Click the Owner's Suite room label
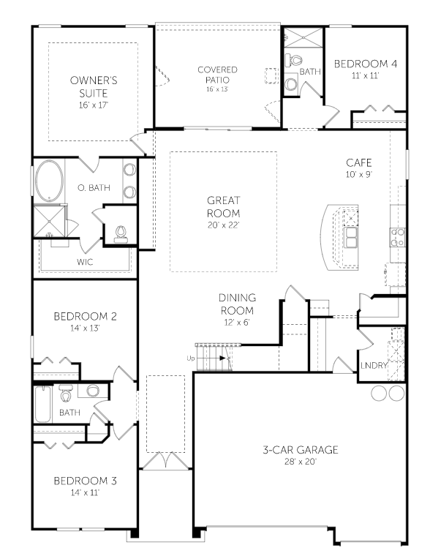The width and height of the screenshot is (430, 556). coord(94,87)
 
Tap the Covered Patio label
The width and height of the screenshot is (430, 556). coord(217,75)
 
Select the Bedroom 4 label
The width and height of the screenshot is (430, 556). coord(366,64)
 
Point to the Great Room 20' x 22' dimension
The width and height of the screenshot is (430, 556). coord(224,225)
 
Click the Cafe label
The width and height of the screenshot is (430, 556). coord(359,162)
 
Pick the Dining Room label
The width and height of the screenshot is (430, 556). coord(237,304)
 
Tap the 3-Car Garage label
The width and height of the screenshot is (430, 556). coord(301,450)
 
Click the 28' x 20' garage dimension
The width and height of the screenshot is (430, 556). coord(301,462)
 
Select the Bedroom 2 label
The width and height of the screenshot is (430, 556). coord(85,316)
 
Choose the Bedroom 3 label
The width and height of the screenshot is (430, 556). coord(85,481)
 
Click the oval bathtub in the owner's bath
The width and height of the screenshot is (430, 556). coord(50,181)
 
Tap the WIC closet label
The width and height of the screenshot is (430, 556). coord(85,262)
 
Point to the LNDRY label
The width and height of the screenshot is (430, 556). coord(373,365)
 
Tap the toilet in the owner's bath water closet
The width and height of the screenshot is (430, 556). coord(121,234)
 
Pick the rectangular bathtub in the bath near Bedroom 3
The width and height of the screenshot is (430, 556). coord(43,405)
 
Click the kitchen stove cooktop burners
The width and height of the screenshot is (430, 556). coord(397,237)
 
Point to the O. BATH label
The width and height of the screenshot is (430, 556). coord(94,187)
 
